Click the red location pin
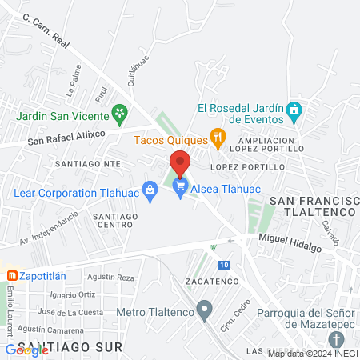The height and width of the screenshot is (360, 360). pos(180,163)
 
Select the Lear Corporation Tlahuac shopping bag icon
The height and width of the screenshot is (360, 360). pos(149,190)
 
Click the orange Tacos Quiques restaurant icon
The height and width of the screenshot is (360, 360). pos(217,137)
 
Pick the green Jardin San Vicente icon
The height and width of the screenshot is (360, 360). pos(120,111)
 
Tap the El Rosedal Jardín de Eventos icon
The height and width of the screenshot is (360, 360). pos(294,111)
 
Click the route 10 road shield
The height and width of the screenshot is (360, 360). pos(224,265)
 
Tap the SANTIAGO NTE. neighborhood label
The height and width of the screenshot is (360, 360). pos(89,162)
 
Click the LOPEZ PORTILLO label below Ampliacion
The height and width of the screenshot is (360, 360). pos(247,167)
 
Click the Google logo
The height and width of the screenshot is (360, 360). pos(27,350)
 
